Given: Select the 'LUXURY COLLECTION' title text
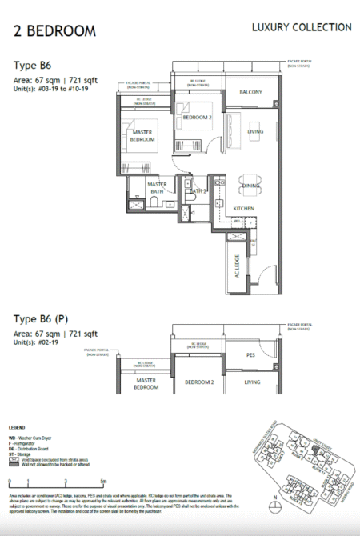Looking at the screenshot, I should pos(301,27).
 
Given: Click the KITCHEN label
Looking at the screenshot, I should pos(244,208).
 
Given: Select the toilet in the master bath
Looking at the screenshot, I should pos(137,205).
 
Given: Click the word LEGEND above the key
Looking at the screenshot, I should pos(17,427).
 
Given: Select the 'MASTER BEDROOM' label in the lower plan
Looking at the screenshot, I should pos(145,383).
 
